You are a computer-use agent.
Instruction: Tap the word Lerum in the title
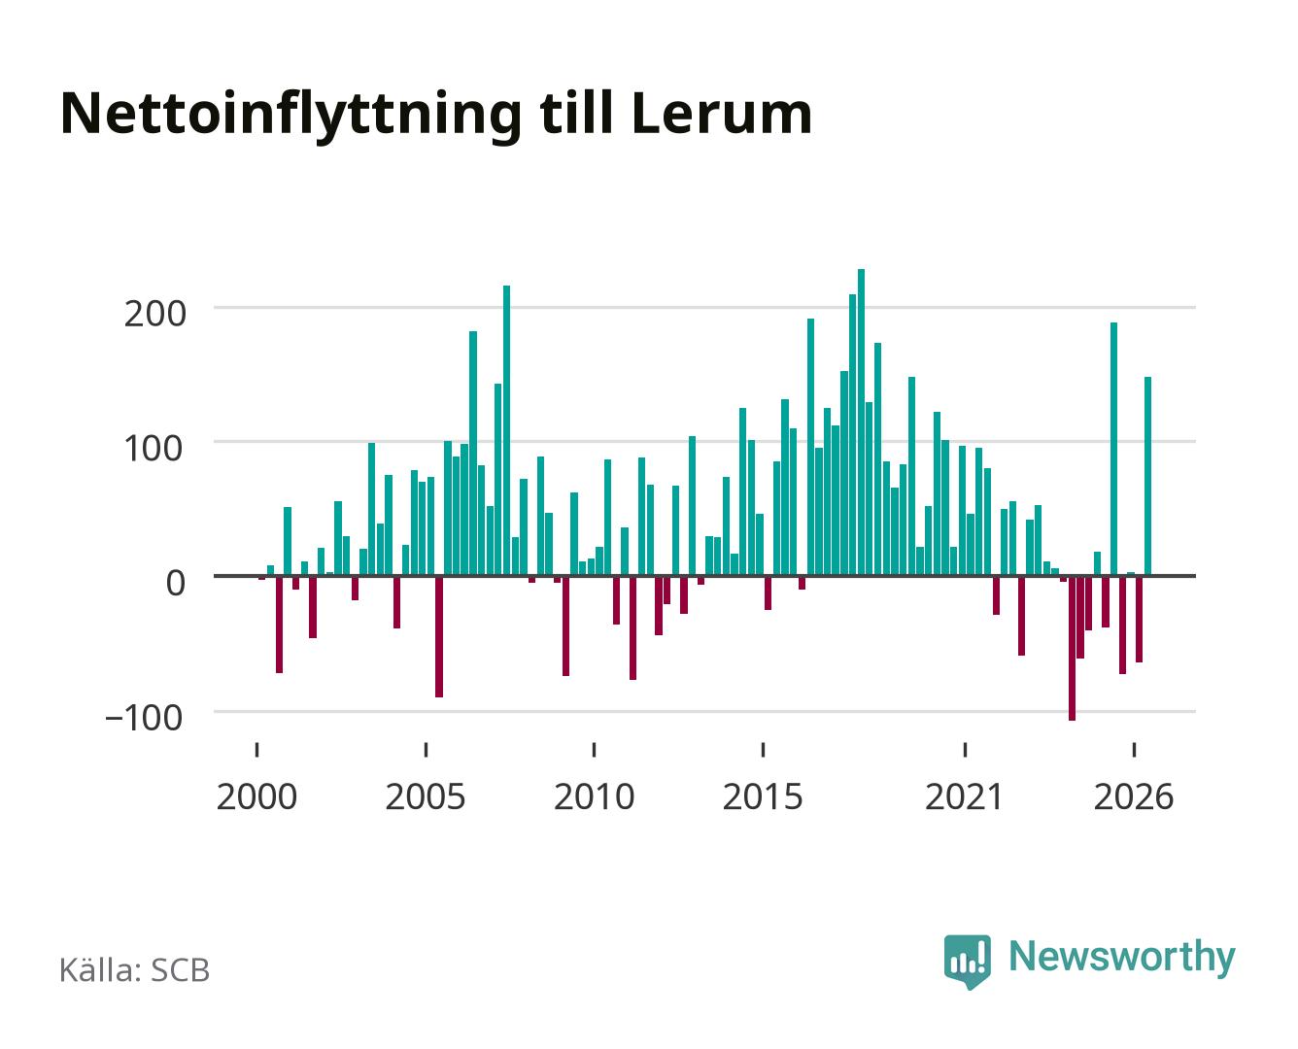pyautogui.click(x=722, y=113)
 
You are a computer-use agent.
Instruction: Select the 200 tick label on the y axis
pyautogui.click(x=154, y=315)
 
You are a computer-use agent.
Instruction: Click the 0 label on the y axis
pyautogui.click(x=176, y=583)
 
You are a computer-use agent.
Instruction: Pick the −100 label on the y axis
pyautogui.click(x=144, y=717)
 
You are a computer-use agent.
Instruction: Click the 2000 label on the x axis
pyautogui.click(x=256, y=796)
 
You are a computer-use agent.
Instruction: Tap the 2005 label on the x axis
pyautogui.click(x=426, y=796)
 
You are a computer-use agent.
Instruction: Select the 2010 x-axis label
pyautogui.click(x=595, y=796)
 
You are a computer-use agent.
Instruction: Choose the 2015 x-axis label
pyautogui.click(x=763, y=796)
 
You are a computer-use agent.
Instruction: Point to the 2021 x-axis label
pyautogui.click(x=964, y=796)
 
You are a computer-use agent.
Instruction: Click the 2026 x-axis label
pyautogui.click(x=1134, y=796)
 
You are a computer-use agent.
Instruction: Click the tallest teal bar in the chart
pyautogui.click(x=861, y=423)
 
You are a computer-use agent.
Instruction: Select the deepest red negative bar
pyautogui.click(x=1072, y=648)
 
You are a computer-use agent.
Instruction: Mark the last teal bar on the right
pyautogui.click(x=1147, y=476)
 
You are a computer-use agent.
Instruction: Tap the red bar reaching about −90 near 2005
pyautogui.click(x=439, y=636)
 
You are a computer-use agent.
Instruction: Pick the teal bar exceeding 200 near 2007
pyautogui.click(x=506, y=430)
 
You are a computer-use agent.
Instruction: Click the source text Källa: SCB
pyautogui.click(x=135, y=970)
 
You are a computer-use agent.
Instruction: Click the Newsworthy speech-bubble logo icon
pyautogui.click(x=967, y=962)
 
